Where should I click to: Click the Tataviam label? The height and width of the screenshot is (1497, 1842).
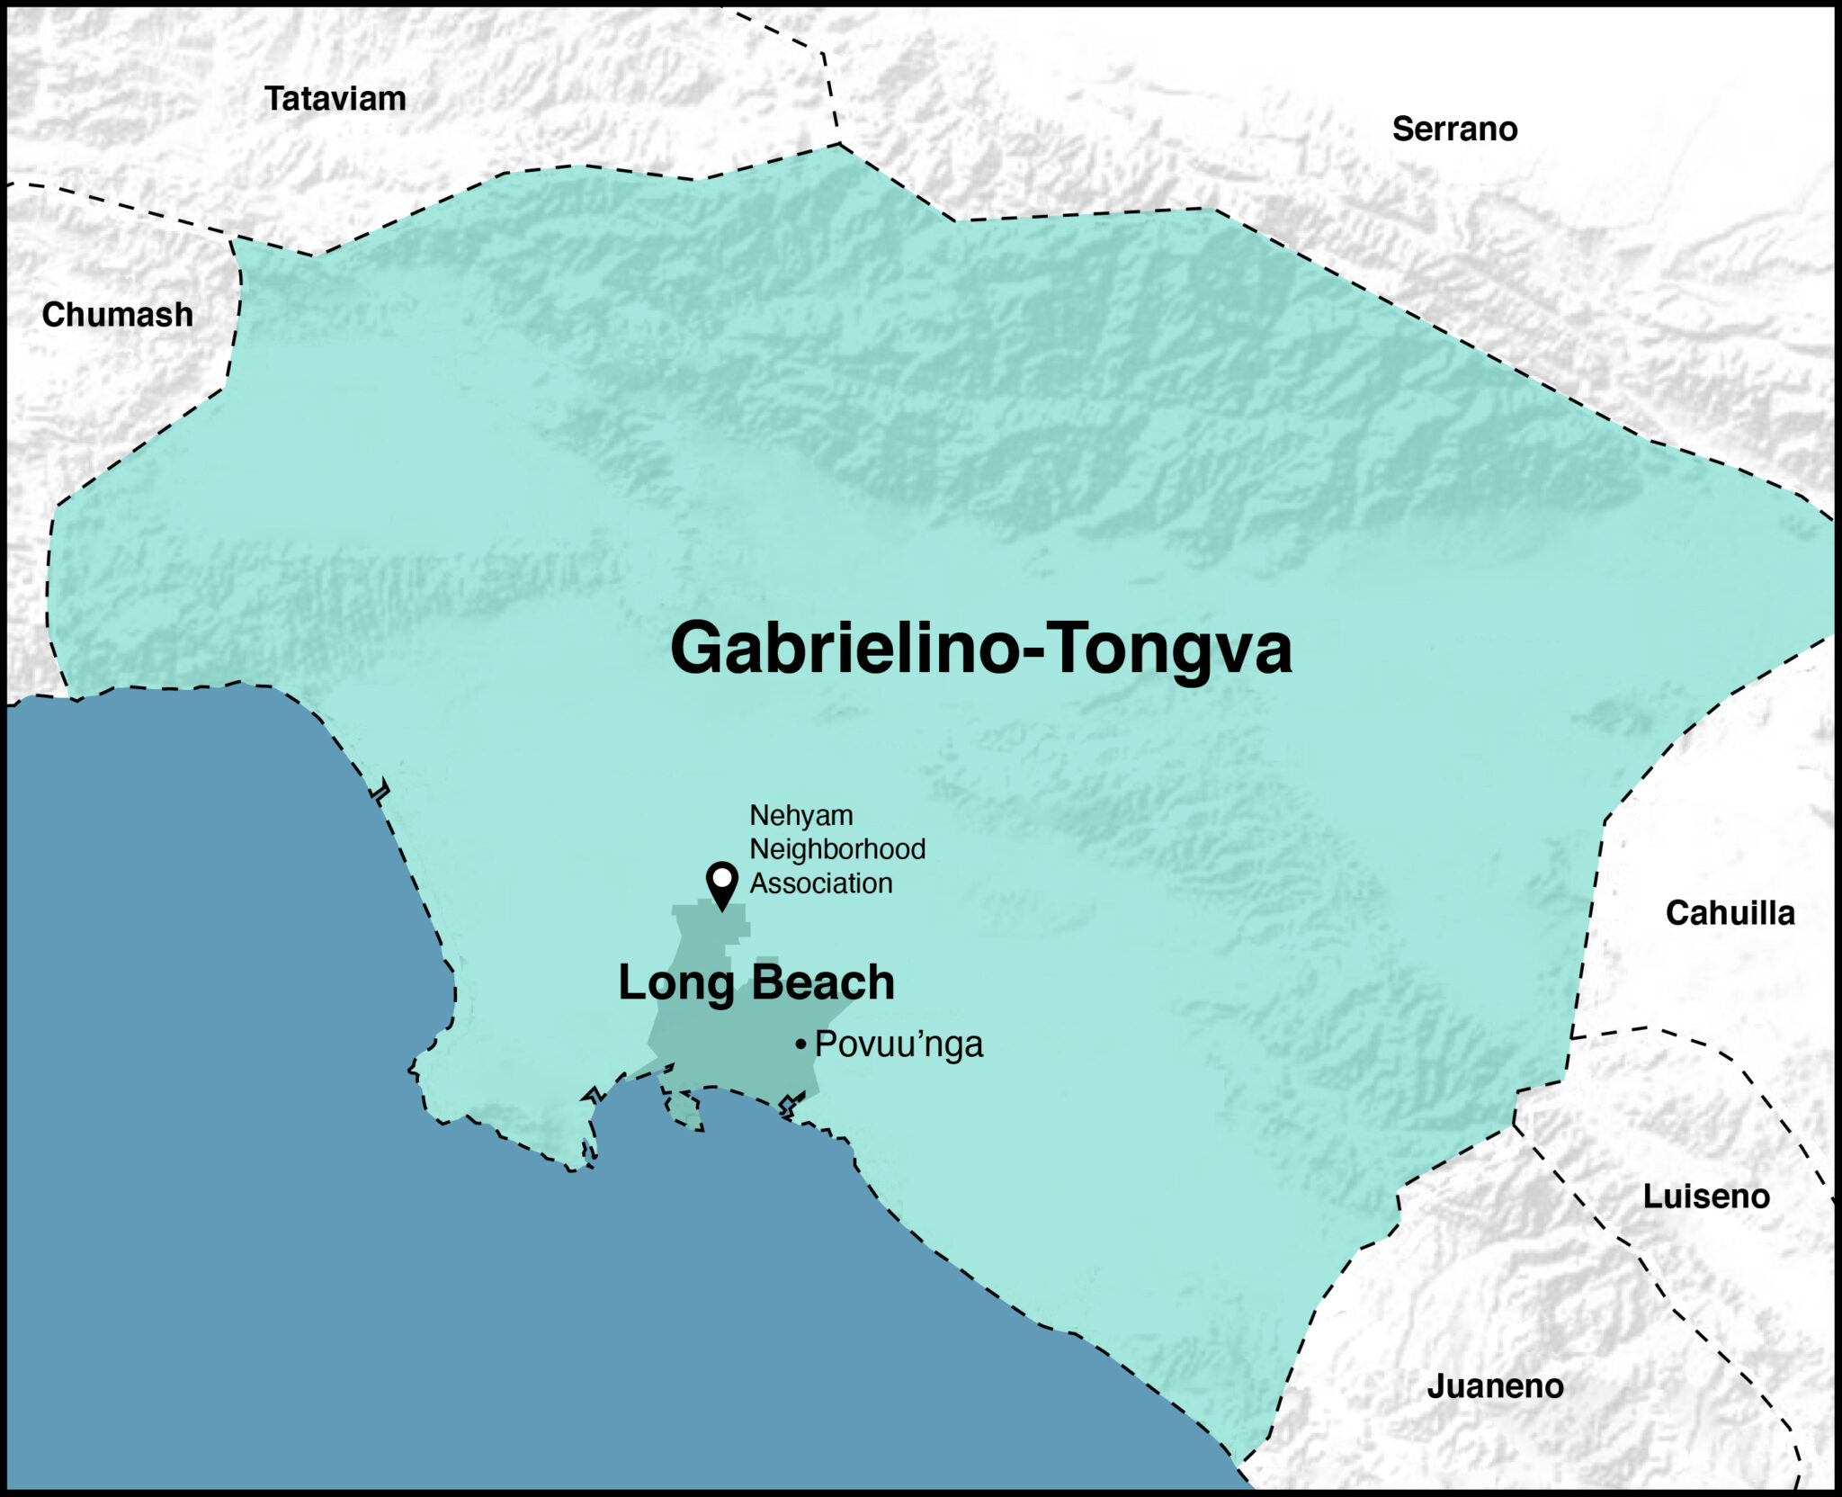click(335, 99)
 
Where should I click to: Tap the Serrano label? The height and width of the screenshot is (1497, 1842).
click(1454, 130)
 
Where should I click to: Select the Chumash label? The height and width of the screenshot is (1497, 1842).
click(117, 315)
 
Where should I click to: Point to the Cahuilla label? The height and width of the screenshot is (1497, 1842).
click(1730, 913)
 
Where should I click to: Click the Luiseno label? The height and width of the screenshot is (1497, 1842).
click(1706, 1197)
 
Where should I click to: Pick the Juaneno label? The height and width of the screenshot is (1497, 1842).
click(1495, 1386)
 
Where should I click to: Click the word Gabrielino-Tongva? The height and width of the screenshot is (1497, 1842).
click(980, 649)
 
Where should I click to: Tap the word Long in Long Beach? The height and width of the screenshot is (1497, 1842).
click(675, 983)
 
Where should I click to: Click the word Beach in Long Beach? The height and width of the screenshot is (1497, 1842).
click(823, 982)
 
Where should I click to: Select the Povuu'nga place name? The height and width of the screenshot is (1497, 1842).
click(899, 1044)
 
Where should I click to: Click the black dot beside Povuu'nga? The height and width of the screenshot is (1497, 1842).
click(800, 1044)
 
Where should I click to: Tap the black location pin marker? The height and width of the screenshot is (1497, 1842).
click(721, 883)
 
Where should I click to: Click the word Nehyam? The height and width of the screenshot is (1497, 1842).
click(800, 815)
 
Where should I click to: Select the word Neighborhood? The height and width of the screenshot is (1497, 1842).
click(837, 849)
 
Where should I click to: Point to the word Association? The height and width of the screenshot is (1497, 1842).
click(821, 883)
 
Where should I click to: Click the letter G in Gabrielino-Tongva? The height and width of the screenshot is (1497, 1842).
click(700, 649)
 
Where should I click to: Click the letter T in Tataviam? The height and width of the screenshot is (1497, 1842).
click(274, 99)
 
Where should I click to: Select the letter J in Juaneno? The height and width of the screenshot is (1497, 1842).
click(1435, 1386)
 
